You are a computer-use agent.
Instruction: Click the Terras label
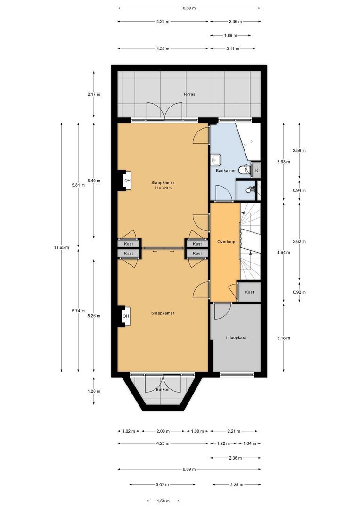point(189,94)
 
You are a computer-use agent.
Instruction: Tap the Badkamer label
point(226,171)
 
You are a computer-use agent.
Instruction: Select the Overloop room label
point(226,242)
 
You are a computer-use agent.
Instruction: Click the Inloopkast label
point(236,337)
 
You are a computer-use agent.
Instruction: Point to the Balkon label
point(163,390)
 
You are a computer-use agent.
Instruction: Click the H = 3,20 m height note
point(163,188)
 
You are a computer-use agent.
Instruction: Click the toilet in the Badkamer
point(244,170)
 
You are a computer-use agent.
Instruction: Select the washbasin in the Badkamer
point(215,159)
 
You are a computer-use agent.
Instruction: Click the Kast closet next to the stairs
point(250,292)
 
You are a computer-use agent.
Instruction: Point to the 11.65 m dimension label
point(62,247)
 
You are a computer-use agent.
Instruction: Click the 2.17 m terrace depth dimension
point(94,94)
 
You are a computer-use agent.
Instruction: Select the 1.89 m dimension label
point(230,35)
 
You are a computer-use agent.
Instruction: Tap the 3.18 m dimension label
point(284,338)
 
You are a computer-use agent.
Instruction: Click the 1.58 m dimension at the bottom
point(163,501)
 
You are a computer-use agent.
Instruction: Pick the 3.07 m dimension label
point(162,485)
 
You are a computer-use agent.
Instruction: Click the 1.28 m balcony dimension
point(94,391)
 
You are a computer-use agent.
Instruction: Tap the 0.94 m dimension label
point(299,190)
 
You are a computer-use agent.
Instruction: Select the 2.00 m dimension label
point(163,431)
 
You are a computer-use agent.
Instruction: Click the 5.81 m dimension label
point(78,185)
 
